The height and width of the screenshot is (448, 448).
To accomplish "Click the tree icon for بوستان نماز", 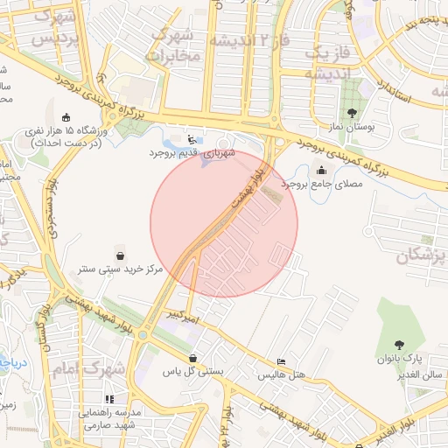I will (352, 113).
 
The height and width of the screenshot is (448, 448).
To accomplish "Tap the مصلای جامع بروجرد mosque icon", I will (322, 170).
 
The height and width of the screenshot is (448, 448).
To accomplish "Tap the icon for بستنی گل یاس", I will (192, 358).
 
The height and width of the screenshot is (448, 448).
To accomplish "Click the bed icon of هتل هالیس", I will (280, 361).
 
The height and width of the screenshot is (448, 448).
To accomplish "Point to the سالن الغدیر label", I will (423, 374).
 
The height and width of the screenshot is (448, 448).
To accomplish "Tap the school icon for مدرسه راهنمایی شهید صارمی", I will (108, 399).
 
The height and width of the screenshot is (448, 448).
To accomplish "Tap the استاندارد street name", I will (390, 87).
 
